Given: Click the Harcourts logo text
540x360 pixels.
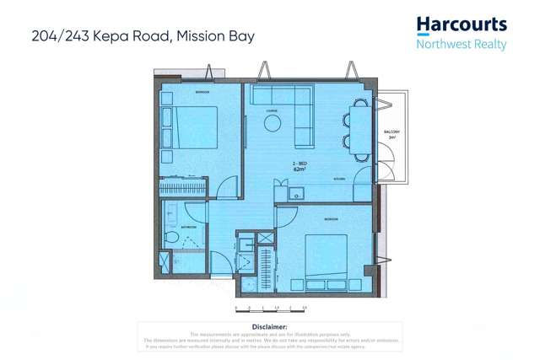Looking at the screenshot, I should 462,24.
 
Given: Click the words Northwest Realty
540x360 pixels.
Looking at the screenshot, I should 462,44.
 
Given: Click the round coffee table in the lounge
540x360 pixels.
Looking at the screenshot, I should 273,124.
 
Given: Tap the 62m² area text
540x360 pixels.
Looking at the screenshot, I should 299,169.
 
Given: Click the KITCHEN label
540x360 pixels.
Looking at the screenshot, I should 337,180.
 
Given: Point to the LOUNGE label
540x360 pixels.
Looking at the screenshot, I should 272,110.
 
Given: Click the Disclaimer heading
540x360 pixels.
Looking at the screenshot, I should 270,325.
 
